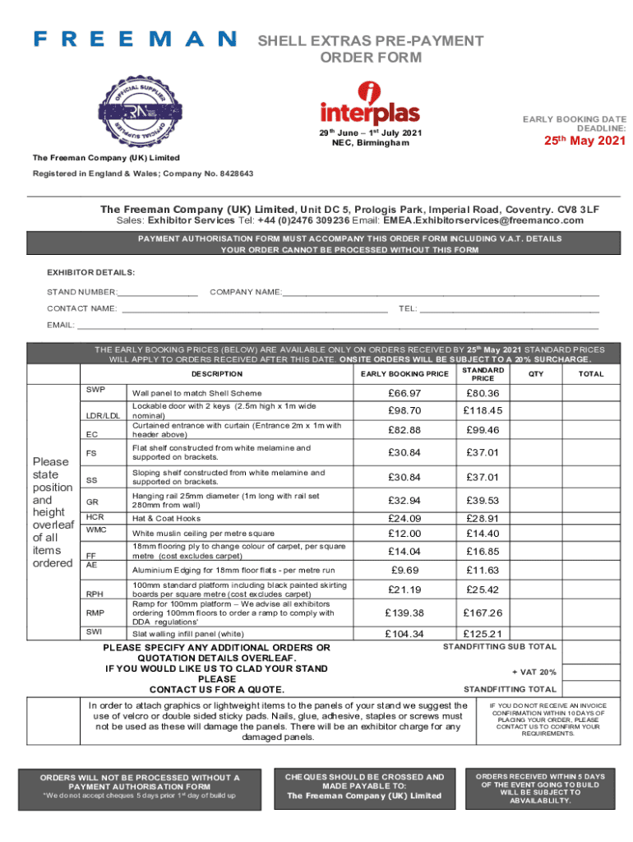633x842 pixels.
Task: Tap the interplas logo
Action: click(x=369, y=104)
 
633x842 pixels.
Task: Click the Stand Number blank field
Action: click(x=158, y=292)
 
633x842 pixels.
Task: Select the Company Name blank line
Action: click(x=441, y=292)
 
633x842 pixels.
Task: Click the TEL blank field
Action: click(x=510, y=309)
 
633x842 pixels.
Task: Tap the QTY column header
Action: click(x=536, y=373)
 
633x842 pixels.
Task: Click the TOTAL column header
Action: click(x=590, y=373)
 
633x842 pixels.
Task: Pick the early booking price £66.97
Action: click(x=404, y=392)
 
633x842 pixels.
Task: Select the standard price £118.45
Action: click(x=483, y=410)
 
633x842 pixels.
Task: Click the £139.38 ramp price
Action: click(x=404, y=613)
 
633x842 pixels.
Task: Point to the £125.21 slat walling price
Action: click(x=483, y=633)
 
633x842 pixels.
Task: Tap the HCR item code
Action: click(x=95, y=516)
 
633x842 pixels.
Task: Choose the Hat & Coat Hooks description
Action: click(x=166, y=519)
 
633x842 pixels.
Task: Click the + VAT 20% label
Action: click(x=534, y=672)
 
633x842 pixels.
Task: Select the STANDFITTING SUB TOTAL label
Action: click(x=500, y=646)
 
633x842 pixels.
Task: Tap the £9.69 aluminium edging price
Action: click(x=404, y=569)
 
